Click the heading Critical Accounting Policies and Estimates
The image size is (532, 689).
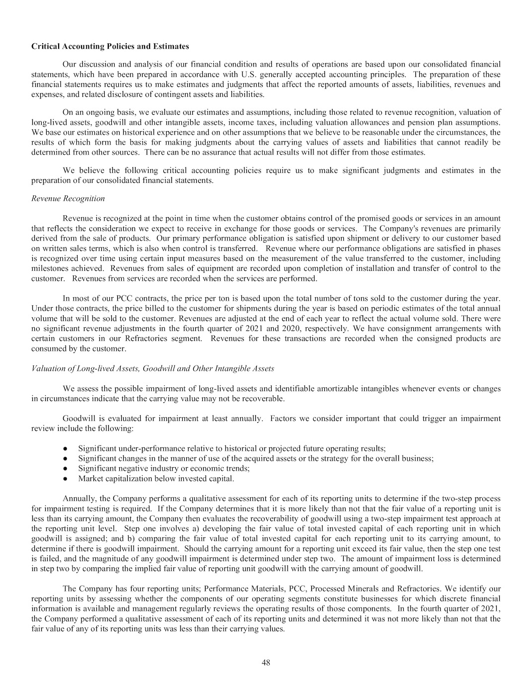(x=110, y=46)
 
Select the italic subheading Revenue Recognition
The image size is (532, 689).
(x=68, y=198)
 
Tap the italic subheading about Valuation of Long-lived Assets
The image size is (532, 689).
(x=152, y=368)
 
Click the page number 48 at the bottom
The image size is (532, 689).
(x=266, y=662)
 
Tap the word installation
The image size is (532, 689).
(x=389, y=268)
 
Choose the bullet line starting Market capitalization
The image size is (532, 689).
(x=155, y=479)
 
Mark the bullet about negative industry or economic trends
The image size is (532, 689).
(x=163, y=468)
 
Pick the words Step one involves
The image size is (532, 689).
(x=150, y=528)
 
